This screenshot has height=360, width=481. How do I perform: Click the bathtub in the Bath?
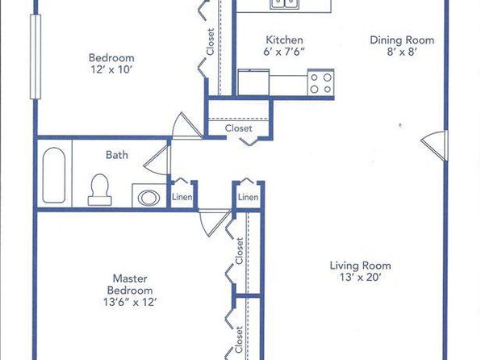tap(54, 175)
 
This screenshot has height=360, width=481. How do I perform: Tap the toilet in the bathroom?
tap(100, 190)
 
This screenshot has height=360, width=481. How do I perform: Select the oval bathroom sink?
tap(148, 197)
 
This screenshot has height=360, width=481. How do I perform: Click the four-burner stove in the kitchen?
tap(321, 83)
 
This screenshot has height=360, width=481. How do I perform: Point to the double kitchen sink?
tap(285, 4)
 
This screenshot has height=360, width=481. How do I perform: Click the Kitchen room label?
tap(284, 40)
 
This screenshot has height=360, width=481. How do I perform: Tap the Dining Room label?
tap(402, 40)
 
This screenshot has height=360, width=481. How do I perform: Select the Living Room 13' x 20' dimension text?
tap(360, 277)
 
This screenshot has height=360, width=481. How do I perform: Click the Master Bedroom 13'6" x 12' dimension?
tap(130, 302)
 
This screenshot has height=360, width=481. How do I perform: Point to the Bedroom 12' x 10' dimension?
tap(111, 69)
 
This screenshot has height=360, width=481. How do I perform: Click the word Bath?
tap(117, 155)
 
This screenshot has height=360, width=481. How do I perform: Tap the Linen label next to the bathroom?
tap(182, 197)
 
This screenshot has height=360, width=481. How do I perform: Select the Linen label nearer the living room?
tap(249, 197)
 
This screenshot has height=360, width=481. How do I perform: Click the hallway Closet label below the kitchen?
tap(238, 128)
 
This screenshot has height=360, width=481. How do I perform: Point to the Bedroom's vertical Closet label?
tap(210, 42)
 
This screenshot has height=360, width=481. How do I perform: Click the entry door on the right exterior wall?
tap(435, 145)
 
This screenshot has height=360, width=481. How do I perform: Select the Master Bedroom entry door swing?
tap(215, 223)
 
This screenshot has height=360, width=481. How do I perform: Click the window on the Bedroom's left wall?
tap(36, 57)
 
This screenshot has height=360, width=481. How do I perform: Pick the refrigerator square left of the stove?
tap(253, 82)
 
